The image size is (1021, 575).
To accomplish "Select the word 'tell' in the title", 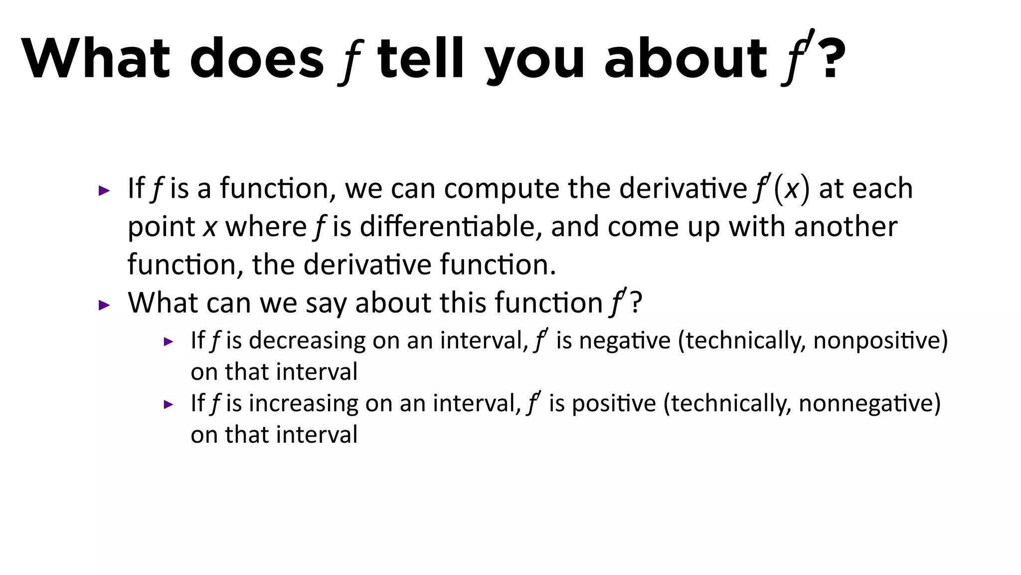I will coord(421,58).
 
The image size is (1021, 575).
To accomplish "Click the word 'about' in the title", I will coord(685,58).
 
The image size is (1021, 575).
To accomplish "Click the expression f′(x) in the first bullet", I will coord(781,189).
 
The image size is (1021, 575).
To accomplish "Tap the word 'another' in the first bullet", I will coord(846,227).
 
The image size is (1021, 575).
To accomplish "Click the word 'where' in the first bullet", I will coord(266,227).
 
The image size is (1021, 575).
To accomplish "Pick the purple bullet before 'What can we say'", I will coord(104,305).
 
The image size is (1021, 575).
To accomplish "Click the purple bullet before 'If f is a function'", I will coord(104,191).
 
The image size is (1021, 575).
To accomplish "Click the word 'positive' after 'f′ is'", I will coord(614,403).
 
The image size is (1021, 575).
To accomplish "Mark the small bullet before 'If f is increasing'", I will coord(169,405).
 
